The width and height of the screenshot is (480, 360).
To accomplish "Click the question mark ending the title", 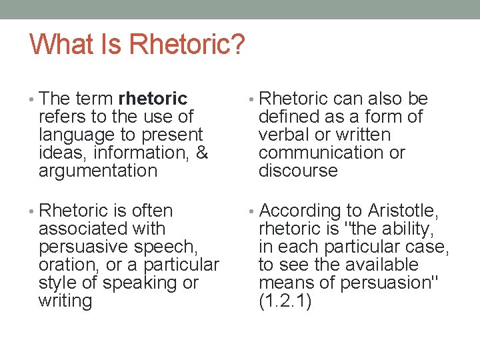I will [x=237, y=45].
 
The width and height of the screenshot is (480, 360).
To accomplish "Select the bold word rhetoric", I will [x=153, y=99].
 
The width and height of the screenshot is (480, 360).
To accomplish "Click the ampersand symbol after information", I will [x=202, y=153].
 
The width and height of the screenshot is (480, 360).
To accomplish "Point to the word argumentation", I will [x=98, y=171].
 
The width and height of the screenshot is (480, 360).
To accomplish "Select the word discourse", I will [x=298, y=171].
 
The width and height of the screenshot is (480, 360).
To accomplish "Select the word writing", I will [x=65, y=301].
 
